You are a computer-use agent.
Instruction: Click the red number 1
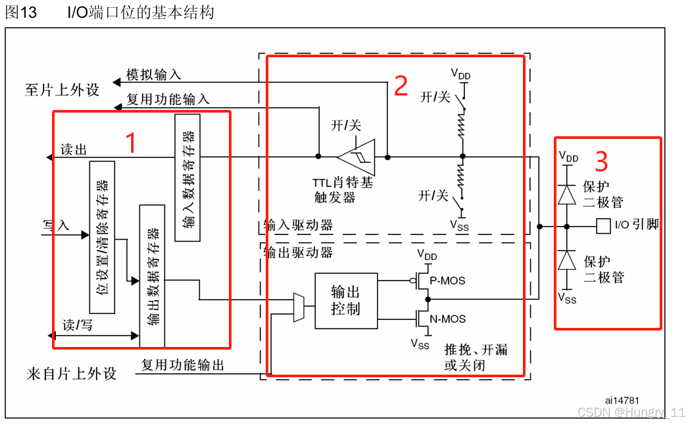131,143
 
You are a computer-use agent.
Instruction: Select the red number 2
401,86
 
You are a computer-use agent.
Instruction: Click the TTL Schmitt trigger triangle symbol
357,157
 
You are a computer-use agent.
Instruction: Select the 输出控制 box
345,300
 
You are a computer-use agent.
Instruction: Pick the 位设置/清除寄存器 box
102,237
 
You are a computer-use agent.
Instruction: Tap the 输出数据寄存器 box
153,276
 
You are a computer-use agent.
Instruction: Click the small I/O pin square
602,226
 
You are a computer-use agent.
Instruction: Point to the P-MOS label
447,280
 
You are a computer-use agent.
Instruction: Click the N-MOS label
447,319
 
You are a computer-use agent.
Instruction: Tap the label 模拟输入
153,75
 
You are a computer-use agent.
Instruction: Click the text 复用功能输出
183,365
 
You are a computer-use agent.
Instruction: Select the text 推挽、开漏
476,350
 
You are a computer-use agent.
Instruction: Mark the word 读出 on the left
74,149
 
